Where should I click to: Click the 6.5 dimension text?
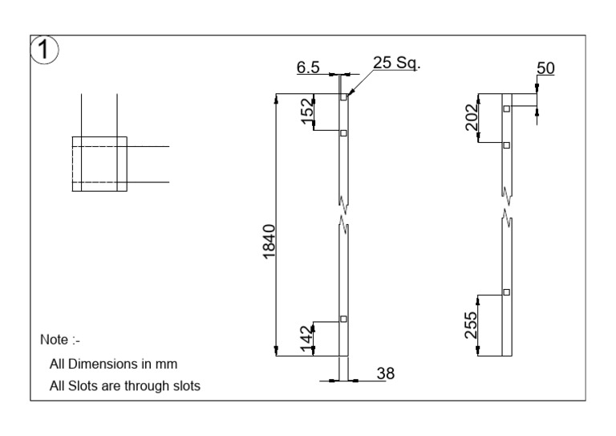pos(308,68)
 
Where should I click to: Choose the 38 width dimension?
pos(387,373)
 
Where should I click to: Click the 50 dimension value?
pos(545,70)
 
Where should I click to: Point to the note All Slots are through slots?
pos(124,385)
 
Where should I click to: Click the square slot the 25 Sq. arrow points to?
pos(343,97)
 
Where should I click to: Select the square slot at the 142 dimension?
pos(343,319)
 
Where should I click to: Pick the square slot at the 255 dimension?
pos(506,291)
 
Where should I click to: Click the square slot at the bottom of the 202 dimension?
pos(506,145)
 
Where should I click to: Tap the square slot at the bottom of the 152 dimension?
pos(343,132)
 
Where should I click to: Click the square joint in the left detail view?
pos(99,165)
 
